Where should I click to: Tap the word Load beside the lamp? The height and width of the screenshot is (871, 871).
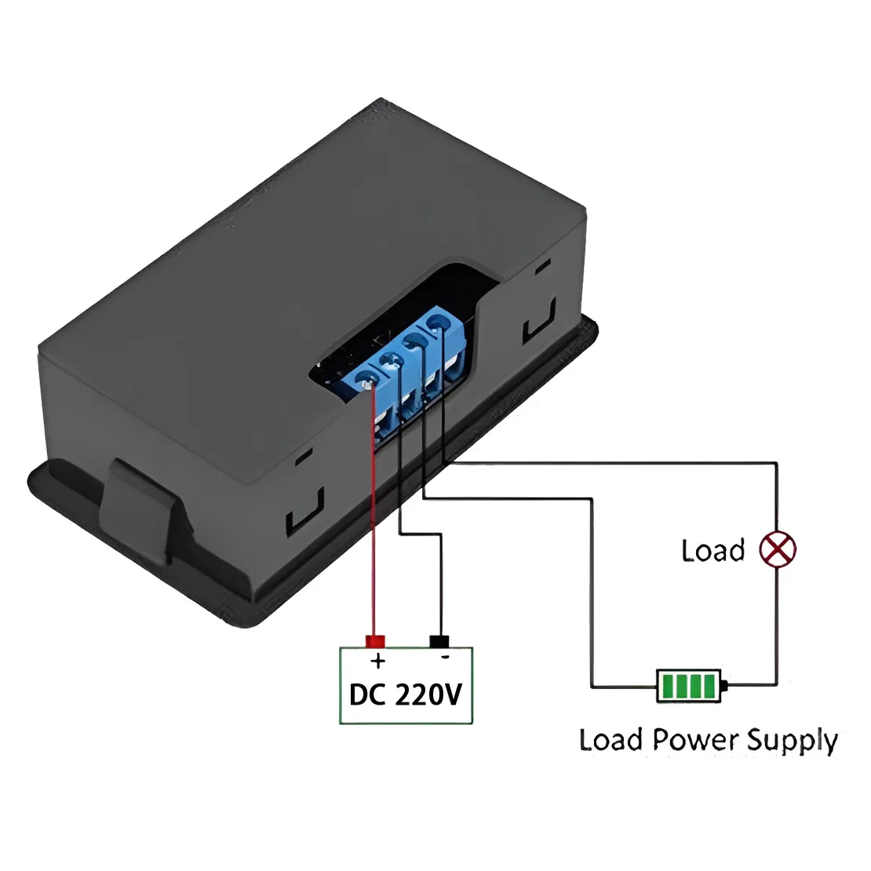(x=712, y=551)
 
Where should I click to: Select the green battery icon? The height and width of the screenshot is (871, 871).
(x=689, y=686)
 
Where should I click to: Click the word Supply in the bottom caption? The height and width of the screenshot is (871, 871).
(x=792, y=741)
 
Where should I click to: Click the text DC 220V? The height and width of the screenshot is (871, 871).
(x=406, y=694)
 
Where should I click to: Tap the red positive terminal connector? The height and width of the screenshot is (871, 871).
(x=376, y=641)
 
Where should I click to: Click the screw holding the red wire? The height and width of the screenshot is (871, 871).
(x=366, y=384)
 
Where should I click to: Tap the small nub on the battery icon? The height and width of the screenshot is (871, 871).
(x=723, y=687)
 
